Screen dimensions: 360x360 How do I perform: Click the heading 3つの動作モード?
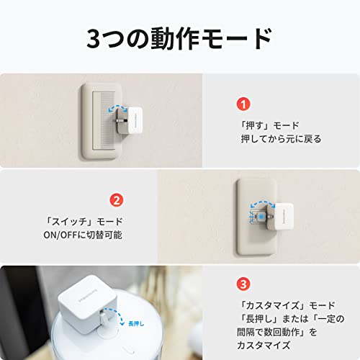tap(179, 38)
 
